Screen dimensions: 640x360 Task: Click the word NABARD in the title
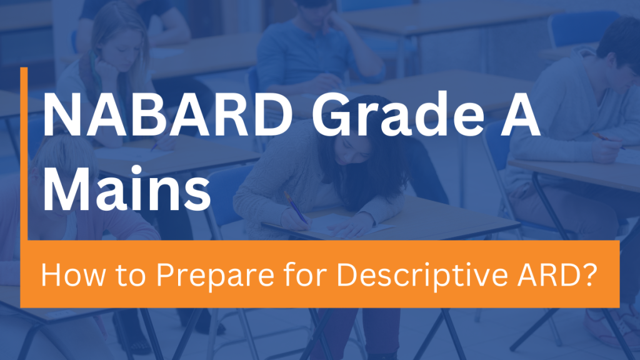click(x=167, y=115)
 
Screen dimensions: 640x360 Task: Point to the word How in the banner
click(x=72, y=275)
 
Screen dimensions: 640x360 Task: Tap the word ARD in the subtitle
click(x=547, y=275)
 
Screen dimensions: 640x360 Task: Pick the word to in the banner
click(x=131, y=276)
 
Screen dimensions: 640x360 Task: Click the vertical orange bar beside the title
click(x=24, y=154)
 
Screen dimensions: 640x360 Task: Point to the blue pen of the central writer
click(x=296, y=207)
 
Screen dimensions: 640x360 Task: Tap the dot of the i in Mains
click(x=136, y=171)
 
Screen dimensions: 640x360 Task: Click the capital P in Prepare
click(x=166, y=275)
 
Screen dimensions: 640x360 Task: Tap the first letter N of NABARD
click(x=62, y=115)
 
